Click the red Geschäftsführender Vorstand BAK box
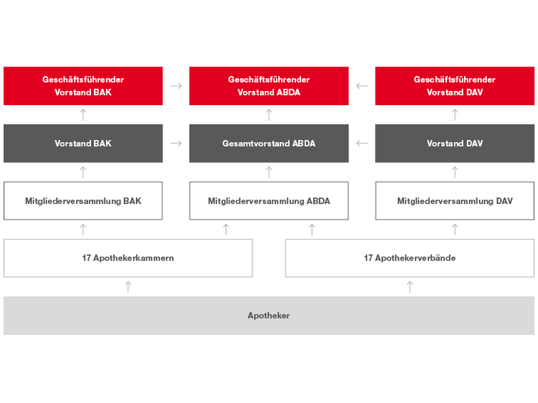(x=83, y=86)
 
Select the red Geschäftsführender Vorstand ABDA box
(x=269, y=86)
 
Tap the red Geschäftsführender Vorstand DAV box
(x=454, y=86)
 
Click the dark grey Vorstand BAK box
(x=83, y=143)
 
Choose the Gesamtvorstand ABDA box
(x=269, y=143)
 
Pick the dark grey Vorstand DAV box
(x=454, y=143)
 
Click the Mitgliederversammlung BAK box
(x=83, y=200)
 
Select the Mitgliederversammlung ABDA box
(x=269, y=200)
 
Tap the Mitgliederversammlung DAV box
(x=454, y=200)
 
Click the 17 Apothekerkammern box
(x=128, y=258)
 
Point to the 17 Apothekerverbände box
(x=410, y=258)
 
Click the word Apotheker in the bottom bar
(x=269, y=316)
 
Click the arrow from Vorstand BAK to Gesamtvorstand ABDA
(x=176, y=143)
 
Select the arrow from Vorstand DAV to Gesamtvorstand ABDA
(x=362, y=143)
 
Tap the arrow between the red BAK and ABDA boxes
(x=176, y=86)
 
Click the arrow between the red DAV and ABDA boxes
(x=362, y=86)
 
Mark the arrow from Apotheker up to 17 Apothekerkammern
(x=128, y=287)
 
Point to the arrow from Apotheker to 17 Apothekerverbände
(x=410, y=287)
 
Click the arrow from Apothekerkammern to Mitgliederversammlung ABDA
(x=226, y=229)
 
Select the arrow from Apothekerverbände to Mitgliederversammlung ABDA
(x=312, y=229)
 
